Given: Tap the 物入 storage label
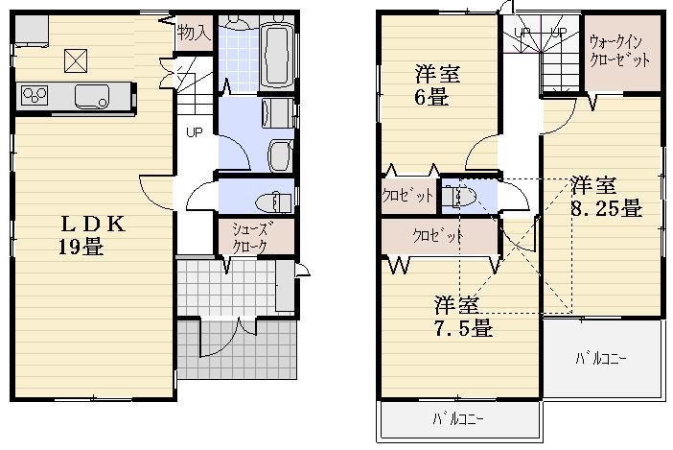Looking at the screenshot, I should click(x=193, y=33).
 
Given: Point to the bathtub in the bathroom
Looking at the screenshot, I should click(x=277, y=52).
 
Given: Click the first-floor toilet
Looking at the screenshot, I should click(x=274, y=200).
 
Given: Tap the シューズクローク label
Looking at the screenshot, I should click(x=253, y=236).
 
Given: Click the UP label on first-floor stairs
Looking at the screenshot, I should click(x=193, y=133).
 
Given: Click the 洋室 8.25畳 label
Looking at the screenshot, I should click(x=605, y=196).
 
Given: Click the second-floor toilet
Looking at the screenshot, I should click(x=461, y=196).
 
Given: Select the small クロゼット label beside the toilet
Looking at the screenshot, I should click(x=408, y=196).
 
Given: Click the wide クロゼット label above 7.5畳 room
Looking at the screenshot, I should click(x=438, y=235).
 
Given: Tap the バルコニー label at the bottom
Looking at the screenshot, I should click(x=457, y=419).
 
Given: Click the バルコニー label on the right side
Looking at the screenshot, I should click(x=602, y=359).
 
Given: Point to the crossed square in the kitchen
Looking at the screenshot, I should click(x=76, y=59).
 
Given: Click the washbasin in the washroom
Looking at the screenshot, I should click(x=280, y=154).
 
